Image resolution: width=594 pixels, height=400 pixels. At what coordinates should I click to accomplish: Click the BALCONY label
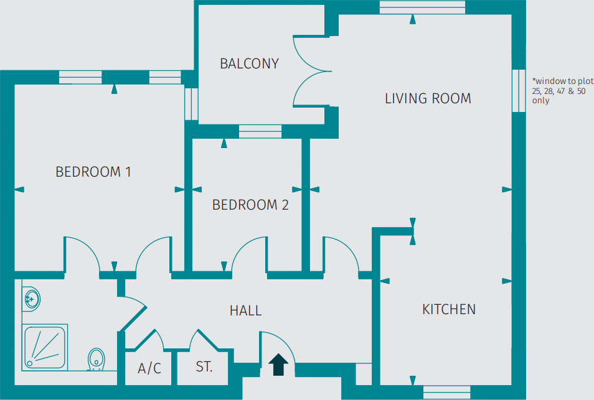(x=249, y=63)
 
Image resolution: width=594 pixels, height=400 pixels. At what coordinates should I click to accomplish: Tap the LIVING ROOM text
(x=428, y=98)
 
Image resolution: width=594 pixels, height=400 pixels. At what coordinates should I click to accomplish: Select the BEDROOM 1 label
(x=93, y=172)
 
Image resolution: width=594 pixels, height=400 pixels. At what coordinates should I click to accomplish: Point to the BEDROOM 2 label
(x=250, y=205)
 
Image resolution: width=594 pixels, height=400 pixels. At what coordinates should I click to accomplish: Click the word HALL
(x=245, y=310)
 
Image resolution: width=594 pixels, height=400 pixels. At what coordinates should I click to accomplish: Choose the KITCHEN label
(x=449, y=309)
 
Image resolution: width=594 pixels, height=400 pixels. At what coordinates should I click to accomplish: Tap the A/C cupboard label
(x=149, y=368)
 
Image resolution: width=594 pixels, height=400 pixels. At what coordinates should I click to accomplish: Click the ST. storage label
(x=204, y=367)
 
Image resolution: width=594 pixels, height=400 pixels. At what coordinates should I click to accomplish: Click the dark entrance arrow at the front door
(x=278, y=365)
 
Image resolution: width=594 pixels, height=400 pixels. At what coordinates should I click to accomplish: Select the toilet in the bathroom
(x=95, y=359)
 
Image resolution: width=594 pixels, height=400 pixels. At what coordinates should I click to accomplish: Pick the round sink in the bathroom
(x=31, y=299)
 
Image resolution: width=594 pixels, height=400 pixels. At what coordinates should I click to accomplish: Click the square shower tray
(x=45, y=347)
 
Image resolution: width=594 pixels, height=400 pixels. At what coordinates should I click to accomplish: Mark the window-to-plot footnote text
(x=558, y=90)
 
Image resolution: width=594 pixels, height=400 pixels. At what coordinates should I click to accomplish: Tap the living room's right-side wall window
(x=518, y=90)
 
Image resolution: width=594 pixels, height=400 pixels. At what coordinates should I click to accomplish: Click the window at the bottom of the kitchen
(x=446, y=392)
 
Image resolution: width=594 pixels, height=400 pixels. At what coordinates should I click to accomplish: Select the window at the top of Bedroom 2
(x=260, y=131)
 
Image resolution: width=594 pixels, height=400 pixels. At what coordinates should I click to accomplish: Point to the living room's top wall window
(x=422, y=7)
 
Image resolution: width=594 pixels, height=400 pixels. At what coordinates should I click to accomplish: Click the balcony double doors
(x=310, y=70)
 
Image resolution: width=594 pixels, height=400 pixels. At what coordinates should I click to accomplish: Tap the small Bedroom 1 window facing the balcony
(x=191, y=104)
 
